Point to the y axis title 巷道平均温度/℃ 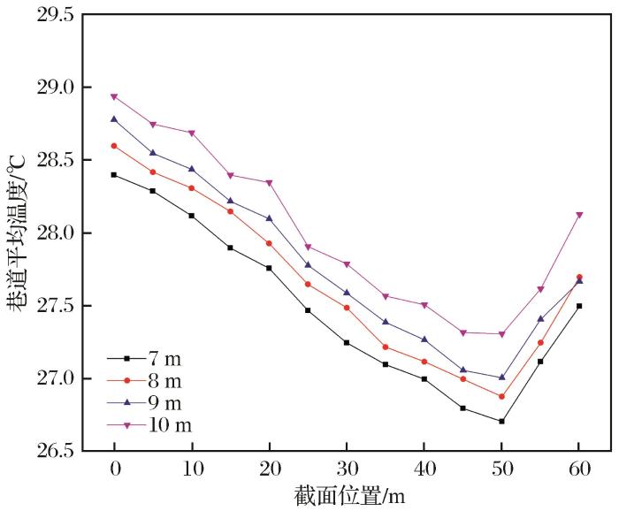(x=17, y=233)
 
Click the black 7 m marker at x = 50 (x=501, y=422)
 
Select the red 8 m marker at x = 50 (x=501, y=397)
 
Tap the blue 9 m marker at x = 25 (x=308, y=264)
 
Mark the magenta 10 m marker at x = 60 (x=579, y=215)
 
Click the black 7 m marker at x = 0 (x=114, y=175)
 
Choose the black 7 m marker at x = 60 (x=579, y=306)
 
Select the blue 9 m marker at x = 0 (x=114, y=118)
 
